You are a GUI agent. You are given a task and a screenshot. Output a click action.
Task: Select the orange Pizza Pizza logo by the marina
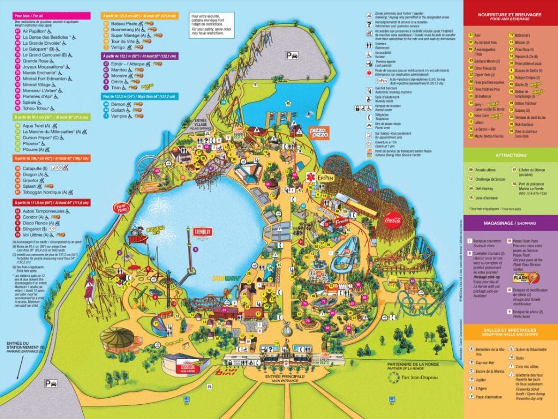319,132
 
